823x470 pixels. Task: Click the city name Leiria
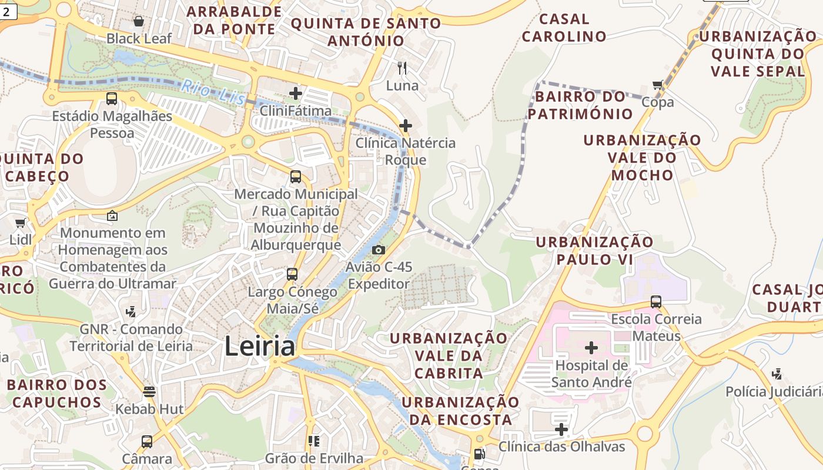coord(259,346)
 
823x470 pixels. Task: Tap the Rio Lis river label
coord(212,93)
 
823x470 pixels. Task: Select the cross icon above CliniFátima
coord(296,93)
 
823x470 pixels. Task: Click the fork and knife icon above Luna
coord(402,68)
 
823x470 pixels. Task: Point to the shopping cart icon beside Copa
coord(658,85)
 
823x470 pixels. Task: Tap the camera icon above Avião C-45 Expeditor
coord(379,250)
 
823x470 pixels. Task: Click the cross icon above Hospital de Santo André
coord(591,348)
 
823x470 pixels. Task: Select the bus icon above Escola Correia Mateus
coord(656,302)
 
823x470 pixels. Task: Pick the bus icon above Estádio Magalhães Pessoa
coord(112,99)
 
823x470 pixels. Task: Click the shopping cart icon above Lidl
coord(21,223)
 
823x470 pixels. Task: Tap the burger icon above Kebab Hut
coord(149,391)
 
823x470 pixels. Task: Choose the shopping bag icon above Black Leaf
coord(139,22)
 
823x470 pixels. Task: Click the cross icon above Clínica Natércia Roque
coord(406,125)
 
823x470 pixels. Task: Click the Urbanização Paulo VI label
coord(594,250)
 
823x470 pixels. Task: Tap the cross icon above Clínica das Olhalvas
coord(561,429)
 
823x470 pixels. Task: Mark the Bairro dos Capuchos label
coord(57,394)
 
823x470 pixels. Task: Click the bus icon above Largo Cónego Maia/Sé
coord(292,274)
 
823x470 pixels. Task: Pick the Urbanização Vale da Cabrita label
coord(449,355)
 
